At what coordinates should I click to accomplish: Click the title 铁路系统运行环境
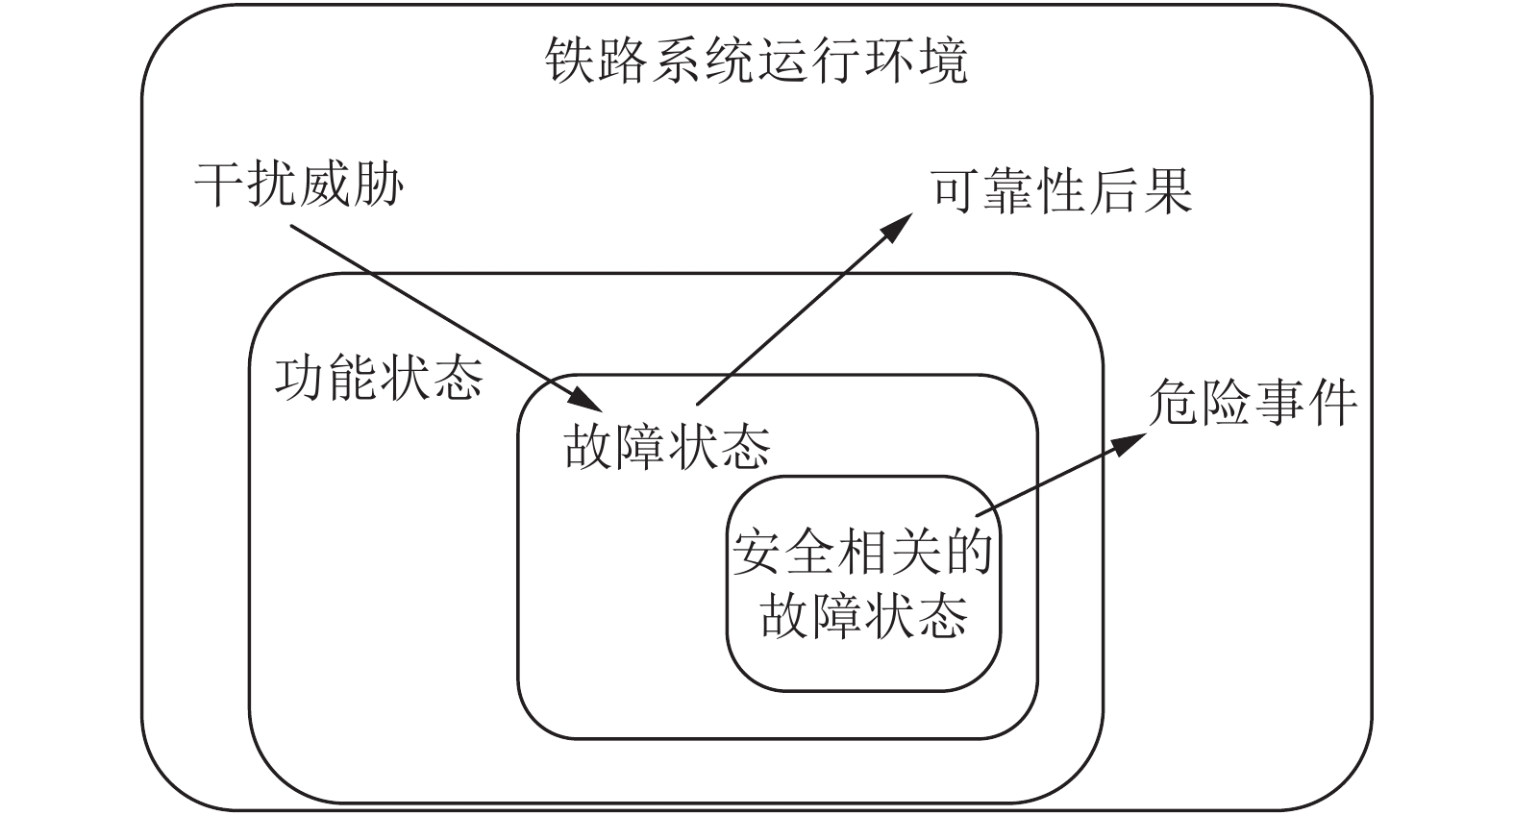(757, 60)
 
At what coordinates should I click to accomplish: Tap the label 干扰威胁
(299, 185)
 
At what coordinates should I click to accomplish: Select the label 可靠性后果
(1061, 191)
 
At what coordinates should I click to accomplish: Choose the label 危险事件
(1253, 402)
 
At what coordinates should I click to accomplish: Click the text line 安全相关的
(862, 553)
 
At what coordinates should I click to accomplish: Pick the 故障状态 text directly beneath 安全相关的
(864, 614)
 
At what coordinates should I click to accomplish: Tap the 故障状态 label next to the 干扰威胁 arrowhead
(667, 446)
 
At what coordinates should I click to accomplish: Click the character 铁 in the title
(570, 60)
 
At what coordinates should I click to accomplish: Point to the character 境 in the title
(944, 60)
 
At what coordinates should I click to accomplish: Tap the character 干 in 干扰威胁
(220, 185)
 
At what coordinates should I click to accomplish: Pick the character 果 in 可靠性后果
(1168, 191)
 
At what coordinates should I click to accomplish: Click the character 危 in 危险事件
(1174, 402)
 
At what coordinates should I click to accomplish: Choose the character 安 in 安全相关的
(757, 553)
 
